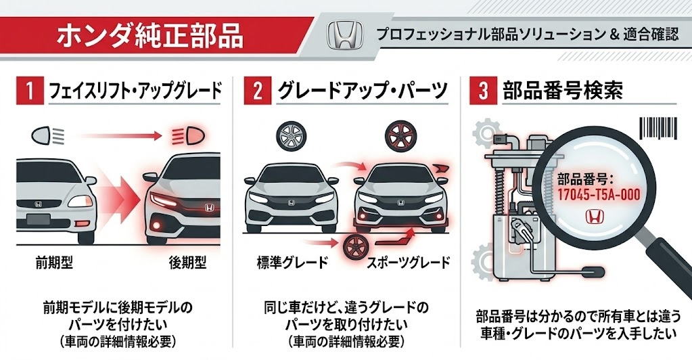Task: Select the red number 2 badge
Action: [256, 91]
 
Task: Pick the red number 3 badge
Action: [482, 91]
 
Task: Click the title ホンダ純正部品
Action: [149, 35]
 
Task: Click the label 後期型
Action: [187, 262]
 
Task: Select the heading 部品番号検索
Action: [563, 91]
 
